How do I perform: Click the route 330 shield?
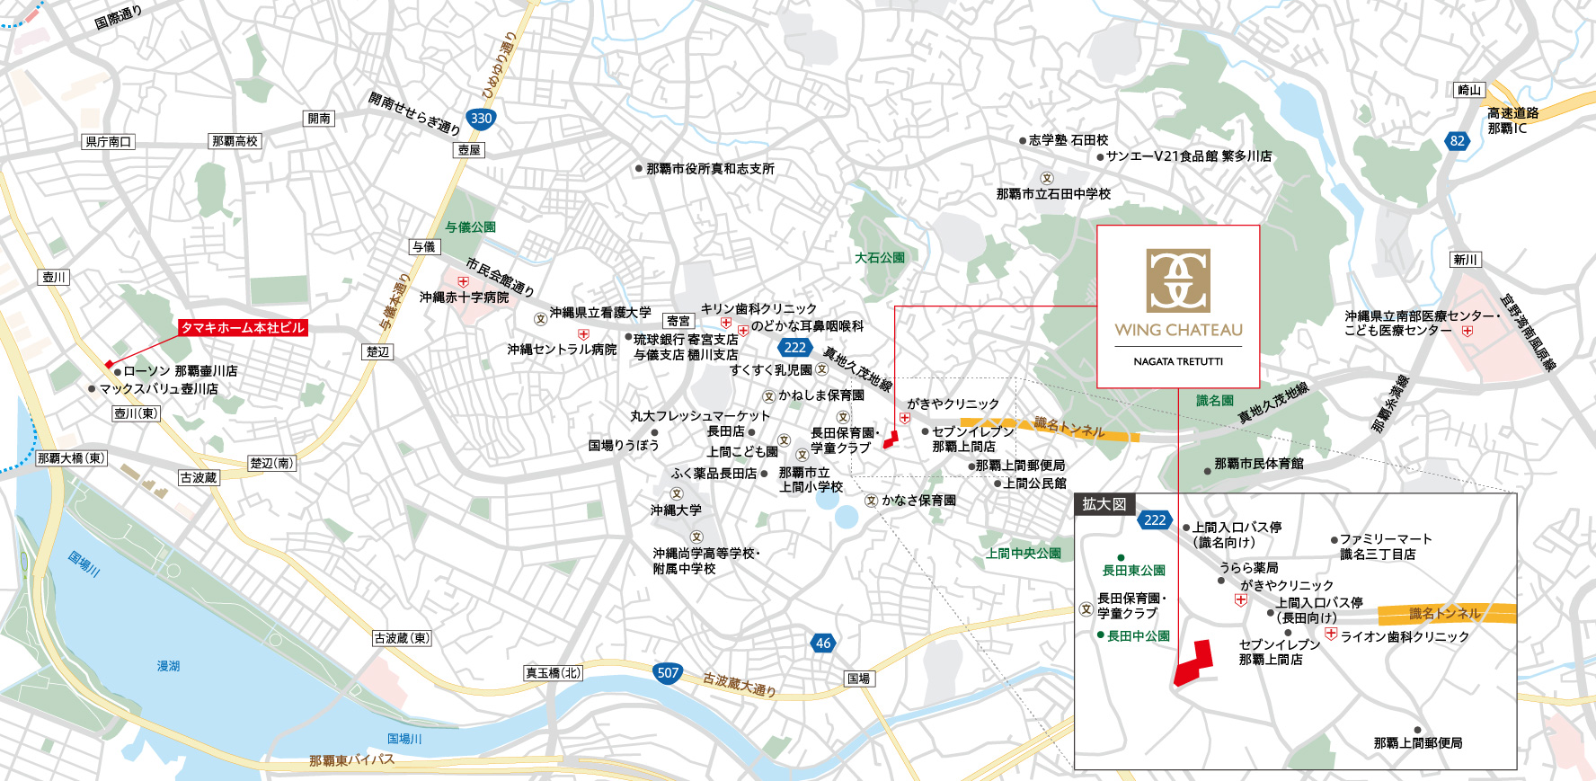point(481,118)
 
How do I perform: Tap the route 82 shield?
point(1458,141)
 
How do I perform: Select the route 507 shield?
point(668,672)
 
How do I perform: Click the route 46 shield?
point(823,643)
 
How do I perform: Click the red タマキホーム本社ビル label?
point(243,328)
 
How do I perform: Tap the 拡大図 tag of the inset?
point(1104,504)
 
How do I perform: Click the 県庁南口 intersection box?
point(109,142)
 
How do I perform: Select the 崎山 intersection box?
point(1469,90)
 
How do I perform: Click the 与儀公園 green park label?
point(470,227)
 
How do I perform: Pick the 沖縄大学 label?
point(676,510)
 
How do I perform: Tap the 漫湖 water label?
point(168,666)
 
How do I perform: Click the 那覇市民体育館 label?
point(1258,464)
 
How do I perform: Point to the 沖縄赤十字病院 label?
point(464,297)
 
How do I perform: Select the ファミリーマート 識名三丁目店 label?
point(1384,546)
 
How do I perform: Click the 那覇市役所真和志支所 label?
point(710,169)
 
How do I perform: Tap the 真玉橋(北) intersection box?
point(554,672)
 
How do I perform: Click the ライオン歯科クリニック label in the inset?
point(1405,636)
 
